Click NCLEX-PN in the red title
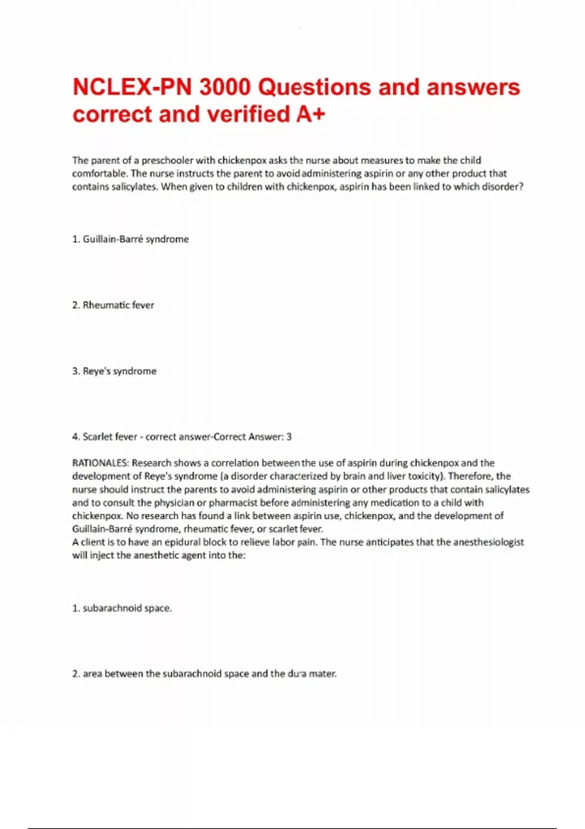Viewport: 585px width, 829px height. click(132, 88)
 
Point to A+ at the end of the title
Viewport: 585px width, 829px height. click(310, 115)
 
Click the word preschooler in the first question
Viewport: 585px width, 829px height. click(167, 160)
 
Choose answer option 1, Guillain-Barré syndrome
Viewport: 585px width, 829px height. click(130, 239)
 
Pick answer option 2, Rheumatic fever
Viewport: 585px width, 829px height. click(113, 305)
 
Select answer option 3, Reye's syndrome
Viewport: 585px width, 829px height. click(115, 371)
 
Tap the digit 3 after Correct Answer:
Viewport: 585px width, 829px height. click(289, 437)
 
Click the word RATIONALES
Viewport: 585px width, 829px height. click(100, 463)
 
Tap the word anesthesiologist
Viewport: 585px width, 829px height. click(488, 542)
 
